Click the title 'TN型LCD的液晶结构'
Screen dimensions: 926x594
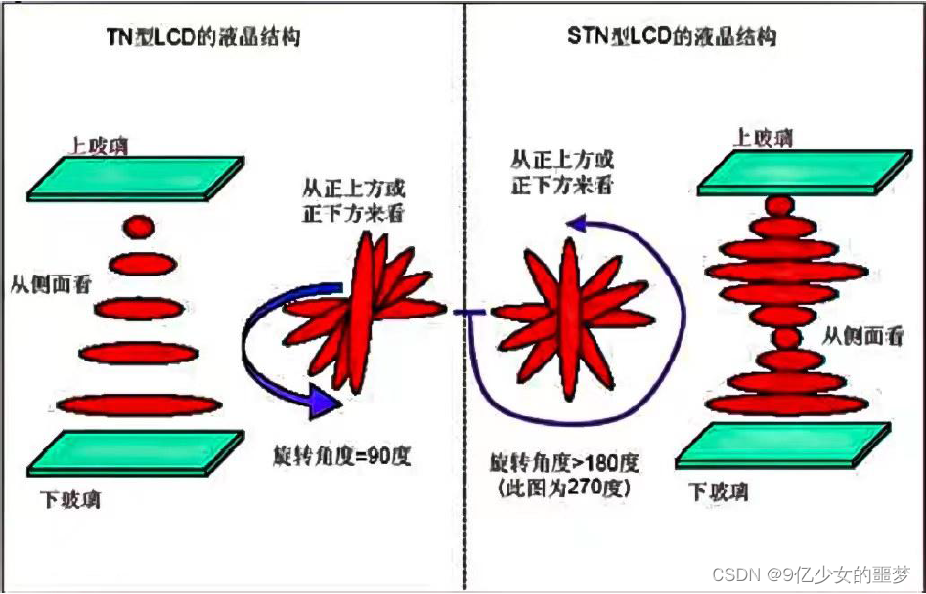tap(203, 39)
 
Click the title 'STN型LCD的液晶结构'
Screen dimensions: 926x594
tap(672, 38)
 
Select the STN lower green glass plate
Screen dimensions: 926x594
tap(782, 445)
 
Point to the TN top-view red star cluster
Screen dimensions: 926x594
tap(364, 309)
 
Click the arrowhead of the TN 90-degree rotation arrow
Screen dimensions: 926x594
tap(322, 402)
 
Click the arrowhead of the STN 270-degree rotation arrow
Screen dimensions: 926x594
tap(583, 226)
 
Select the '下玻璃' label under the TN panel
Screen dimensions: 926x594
tap(72, 501)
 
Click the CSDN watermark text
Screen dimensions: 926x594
tap(811, 573)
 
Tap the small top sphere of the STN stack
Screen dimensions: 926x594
tap(779, 206)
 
